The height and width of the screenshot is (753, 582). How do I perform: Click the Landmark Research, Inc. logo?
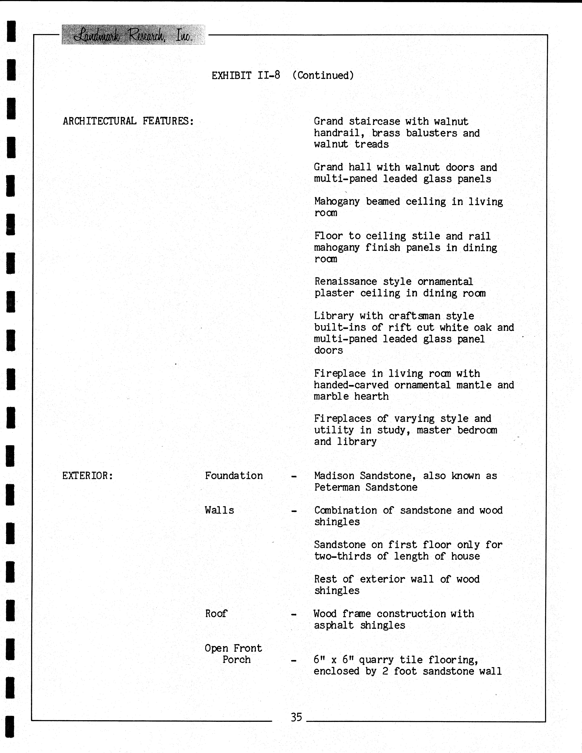[x=133, y=35]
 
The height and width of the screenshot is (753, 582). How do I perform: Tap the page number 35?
[x=296, y=717]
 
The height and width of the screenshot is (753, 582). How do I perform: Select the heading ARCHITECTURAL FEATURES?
[x=128, y=121]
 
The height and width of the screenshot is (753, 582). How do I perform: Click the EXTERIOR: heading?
[x=88, y=476]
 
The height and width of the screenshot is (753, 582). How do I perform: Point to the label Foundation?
[x=234, y=476]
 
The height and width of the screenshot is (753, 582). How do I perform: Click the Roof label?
[x=216, y=614]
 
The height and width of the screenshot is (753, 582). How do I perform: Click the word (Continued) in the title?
[x=323, y=76]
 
